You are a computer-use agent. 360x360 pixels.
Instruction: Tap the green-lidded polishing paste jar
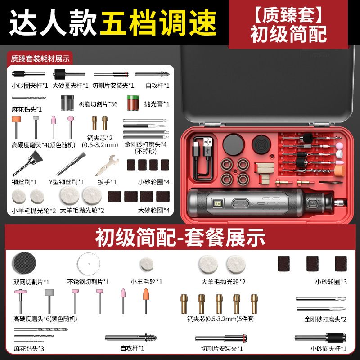point(133,103)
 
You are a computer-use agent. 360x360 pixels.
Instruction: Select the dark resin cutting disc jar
point(67,103)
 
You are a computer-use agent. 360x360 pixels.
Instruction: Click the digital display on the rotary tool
point(217,203)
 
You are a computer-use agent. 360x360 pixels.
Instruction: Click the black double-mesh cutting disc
point(24,263)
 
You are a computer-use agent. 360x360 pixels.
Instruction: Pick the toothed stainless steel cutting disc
point(89,264)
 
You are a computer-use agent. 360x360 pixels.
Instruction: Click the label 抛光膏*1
point(157,104)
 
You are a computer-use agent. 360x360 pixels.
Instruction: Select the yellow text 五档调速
point(158,23)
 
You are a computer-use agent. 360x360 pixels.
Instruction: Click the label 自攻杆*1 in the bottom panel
point(132,348)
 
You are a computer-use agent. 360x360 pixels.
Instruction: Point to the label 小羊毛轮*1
point(147,282)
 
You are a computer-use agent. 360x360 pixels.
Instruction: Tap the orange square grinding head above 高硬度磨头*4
point(16,120)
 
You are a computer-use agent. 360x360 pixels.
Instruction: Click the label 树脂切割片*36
point(98,104)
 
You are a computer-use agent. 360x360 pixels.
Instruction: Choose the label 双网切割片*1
point(31,282)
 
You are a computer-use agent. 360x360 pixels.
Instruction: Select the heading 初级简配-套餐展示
point(180,238)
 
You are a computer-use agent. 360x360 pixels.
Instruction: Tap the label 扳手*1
point(107,182)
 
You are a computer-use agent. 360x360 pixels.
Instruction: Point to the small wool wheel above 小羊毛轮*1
point(147,265)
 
